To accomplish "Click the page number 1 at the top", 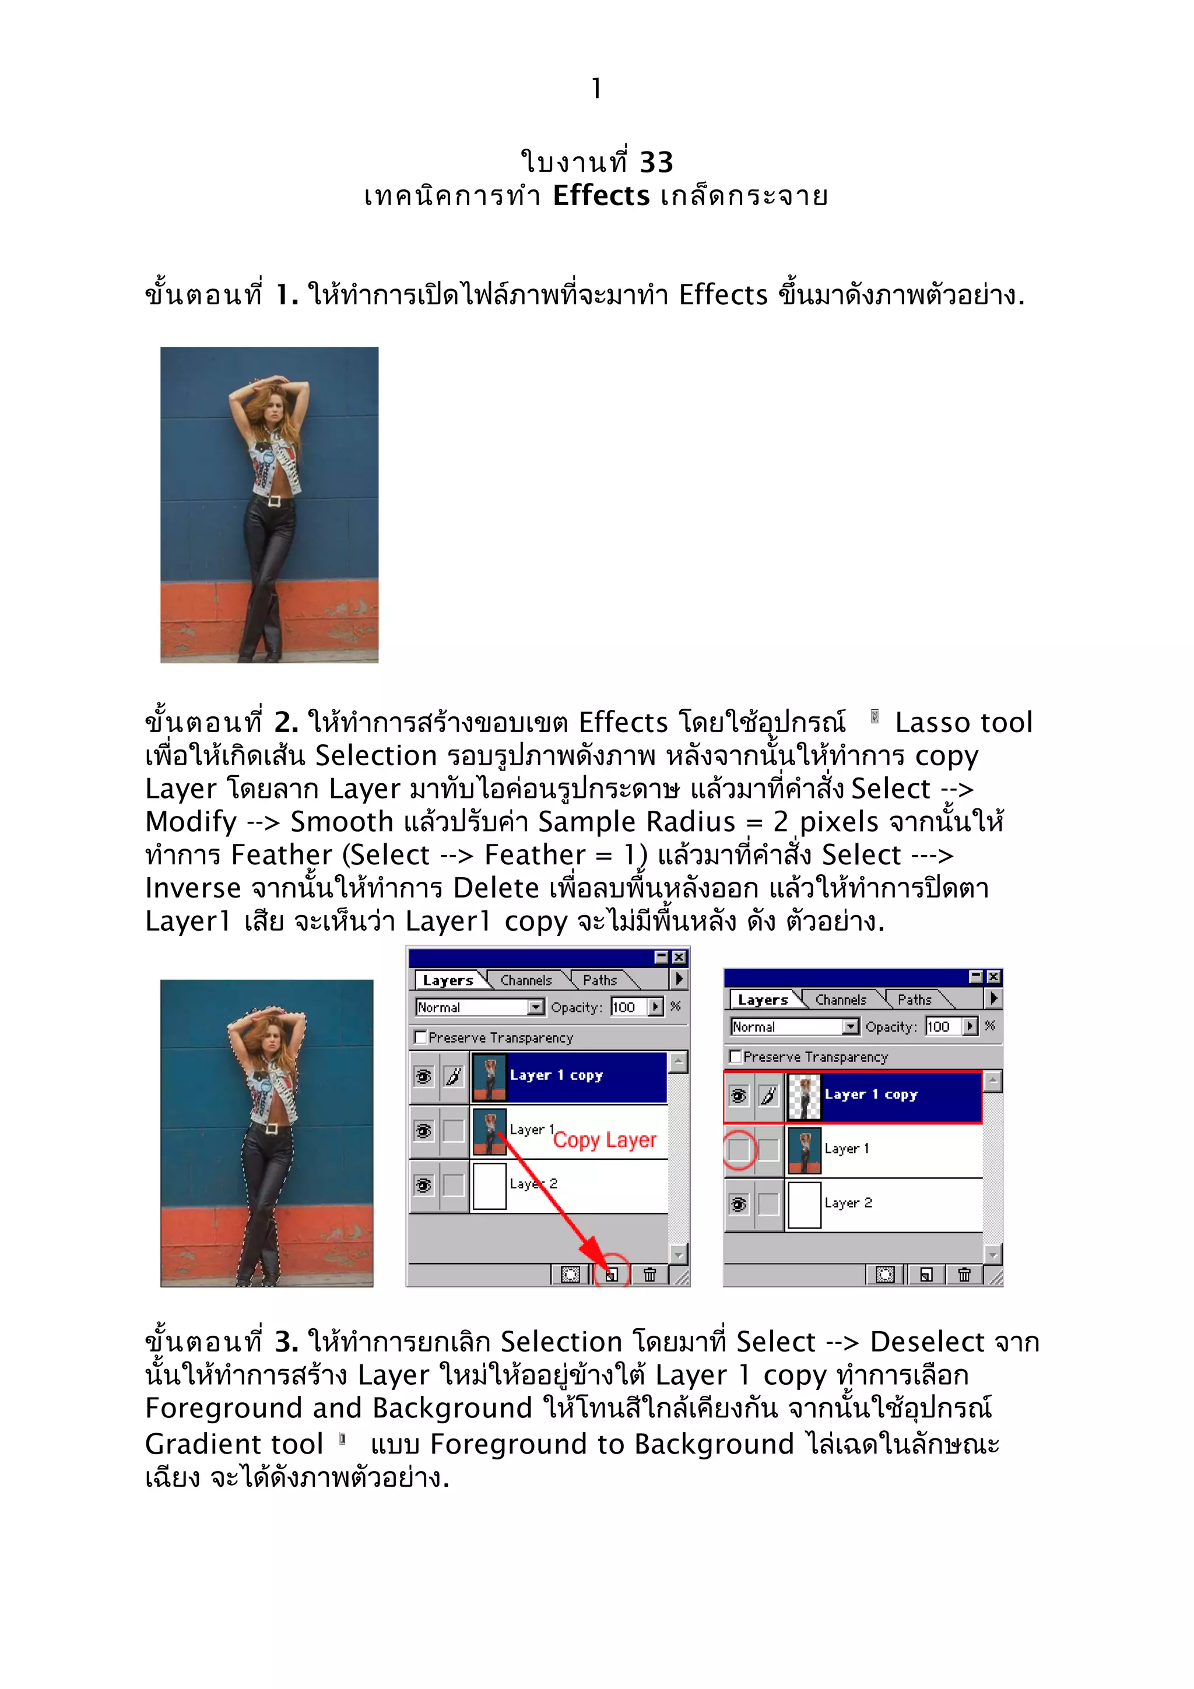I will pos(596,89).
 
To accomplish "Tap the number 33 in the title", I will pos(656,163).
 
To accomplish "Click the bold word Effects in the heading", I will pos(601,196).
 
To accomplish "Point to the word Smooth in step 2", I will pos(342,822).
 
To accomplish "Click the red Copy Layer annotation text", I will pos(604,1139).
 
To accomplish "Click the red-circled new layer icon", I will pos(612,1274).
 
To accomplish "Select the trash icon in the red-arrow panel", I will pos(649,1274).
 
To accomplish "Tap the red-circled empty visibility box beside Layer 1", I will pos(739,1149).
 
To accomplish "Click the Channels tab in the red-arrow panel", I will pos(526,981).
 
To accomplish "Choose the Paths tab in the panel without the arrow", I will pos(914,1000).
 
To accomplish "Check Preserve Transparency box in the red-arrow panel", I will pos(421,1037).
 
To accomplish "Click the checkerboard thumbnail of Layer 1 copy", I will pos(804,1095).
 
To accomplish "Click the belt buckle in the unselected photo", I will pos(275,501).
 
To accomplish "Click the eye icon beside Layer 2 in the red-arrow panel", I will pos(424,1185).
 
